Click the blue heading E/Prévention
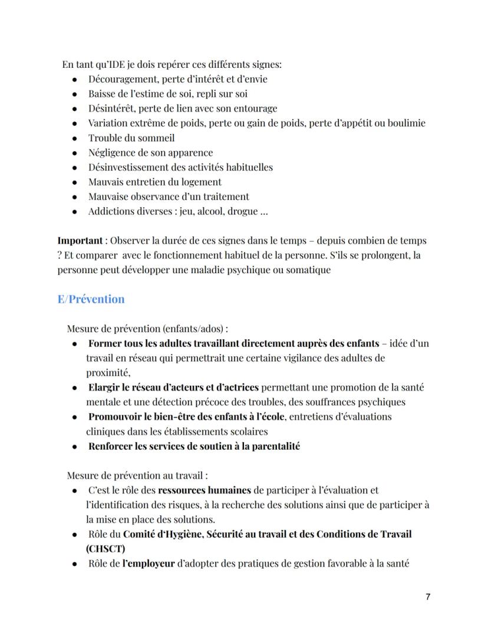[91, 299]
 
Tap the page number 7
[427, 597]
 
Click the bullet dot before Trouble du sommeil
[74, 139]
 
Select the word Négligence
[111, 153]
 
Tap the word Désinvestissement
[130, 168]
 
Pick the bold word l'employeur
[149, 563]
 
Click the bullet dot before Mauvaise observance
[74, 197]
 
